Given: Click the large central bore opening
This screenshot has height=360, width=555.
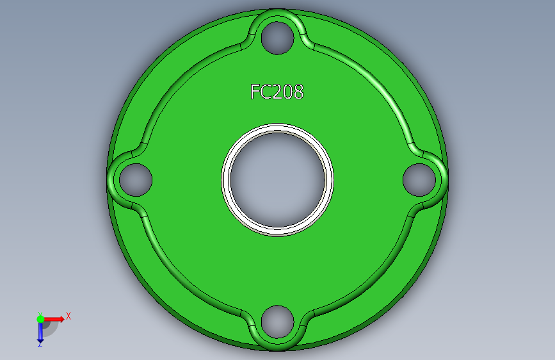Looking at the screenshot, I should point(278,179).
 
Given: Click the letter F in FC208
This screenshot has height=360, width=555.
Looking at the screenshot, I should point(255,92).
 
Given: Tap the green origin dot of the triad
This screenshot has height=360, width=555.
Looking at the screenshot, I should point(40,318).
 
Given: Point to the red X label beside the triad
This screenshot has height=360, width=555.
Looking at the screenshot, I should point(68,316).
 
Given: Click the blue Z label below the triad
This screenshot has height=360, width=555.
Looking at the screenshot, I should point(40,345).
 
